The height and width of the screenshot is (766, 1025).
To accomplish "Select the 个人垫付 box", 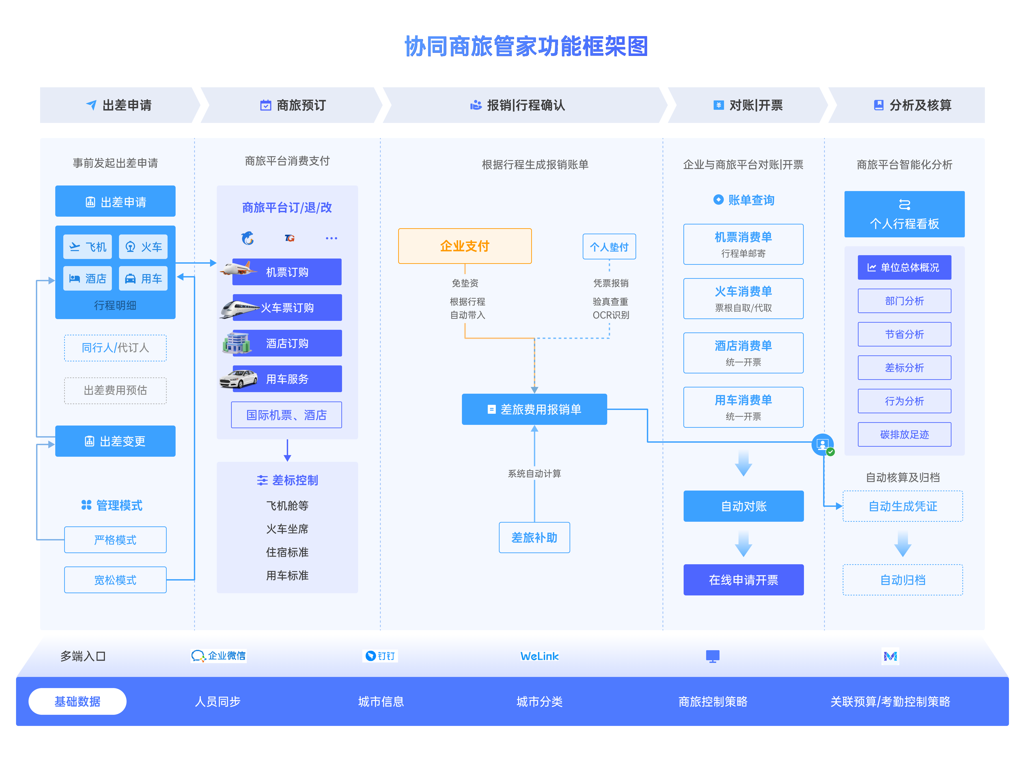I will tap(609, 247).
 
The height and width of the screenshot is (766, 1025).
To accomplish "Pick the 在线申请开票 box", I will tap(743, 580).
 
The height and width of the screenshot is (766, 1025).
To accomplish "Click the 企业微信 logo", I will tap(218, 656).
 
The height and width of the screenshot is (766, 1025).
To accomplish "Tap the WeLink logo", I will tap(539, 656).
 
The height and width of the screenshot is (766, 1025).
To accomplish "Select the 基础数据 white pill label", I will tap(77, 701).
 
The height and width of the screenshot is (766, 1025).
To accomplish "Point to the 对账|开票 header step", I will tap(748, 105).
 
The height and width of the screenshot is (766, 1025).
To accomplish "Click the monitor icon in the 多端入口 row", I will tap(712, 656).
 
